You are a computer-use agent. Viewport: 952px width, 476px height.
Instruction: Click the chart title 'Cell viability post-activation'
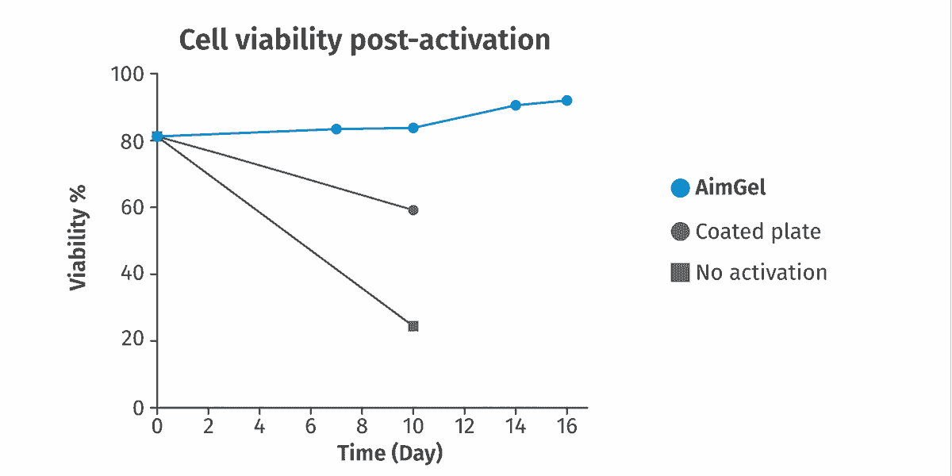click(x=365, y=40)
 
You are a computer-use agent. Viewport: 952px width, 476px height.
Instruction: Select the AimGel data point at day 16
click(x=566, y=101)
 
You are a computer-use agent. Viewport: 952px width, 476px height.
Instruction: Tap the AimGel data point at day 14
click(x=516, y=106)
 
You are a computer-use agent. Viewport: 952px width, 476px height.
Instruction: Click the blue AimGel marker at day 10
click(x=413, y=128)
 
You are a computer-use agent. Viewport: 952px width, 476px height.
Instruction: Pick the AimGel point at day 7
click(x=336, y=129)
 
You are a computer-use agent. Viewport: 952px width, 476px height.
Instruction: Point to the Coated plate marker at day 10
click(x=413, y=210)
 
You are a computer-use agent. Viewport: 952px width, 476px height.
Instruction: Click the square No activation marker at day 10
click(x=413, y=326)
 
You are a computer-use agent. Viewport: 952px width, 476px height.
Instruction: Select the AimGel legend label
click(x=730, y=188)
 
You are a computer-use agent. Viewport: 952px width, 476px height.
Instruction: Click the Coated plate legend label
click(x=758, y=232)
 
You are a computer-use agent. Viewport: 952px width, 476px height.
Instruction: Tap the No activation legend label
click(x=762, y=272)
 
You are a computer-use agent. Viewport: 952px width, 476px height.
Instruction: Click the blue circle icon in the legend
click(x=680, y=188)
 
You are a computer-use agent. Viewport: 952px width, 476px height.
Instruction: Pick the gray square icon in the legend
click(x=680, y=272)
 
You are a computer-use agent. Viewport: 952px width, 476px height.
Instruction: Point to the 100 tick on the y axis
click(x=128, y=75)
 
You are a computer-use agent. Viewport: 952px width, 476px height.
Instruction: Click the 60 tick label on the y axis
click(x=132, y=207)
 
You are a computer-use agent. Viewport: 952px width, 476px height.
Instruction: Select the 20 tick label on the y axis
click(x=132, y=340)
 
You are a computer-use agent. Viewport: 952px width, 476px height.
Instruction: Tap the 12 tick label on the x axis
click(x=464, y=426)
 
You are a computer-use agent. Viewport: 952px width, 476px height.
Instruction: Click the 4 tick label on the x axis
click(x=259, y=426)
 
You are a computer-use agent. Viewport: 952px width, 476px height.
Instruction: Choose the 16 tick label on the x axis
click(x=566, y=426)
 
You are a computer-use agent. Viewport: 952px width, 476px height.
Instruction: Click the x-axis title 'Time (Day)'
click(x=390, y=453)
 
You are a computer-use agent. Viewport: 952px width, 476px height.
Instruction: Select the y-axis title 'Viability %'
click(x=79, y=238)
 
